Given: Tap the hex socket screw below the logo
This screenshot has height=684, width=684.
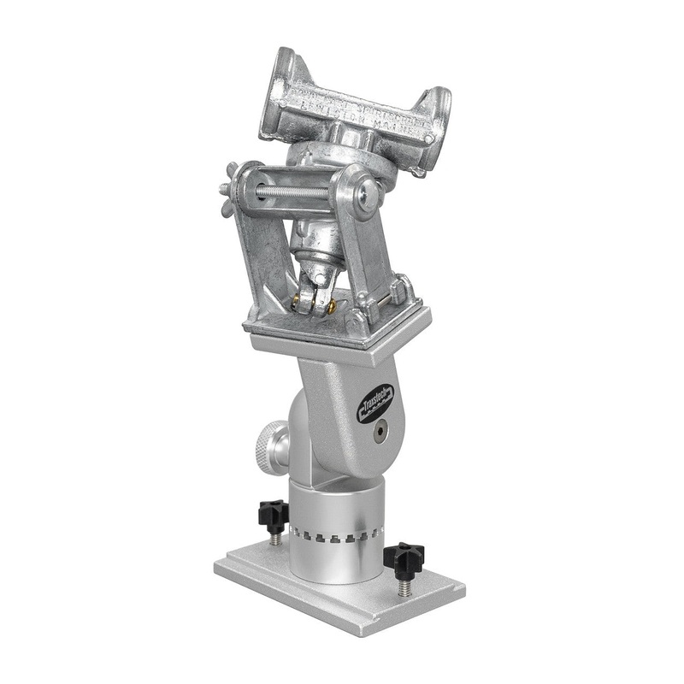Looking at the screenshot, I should (377, 434).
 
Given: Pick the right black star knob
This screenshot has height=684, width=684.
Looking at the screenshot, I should (403, 559).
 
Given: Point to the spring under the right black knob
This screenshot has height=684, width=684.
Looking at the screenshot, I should (404, 587).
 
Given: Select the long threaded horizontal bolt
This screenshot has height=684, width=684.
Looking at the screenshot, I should (291, 193).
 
